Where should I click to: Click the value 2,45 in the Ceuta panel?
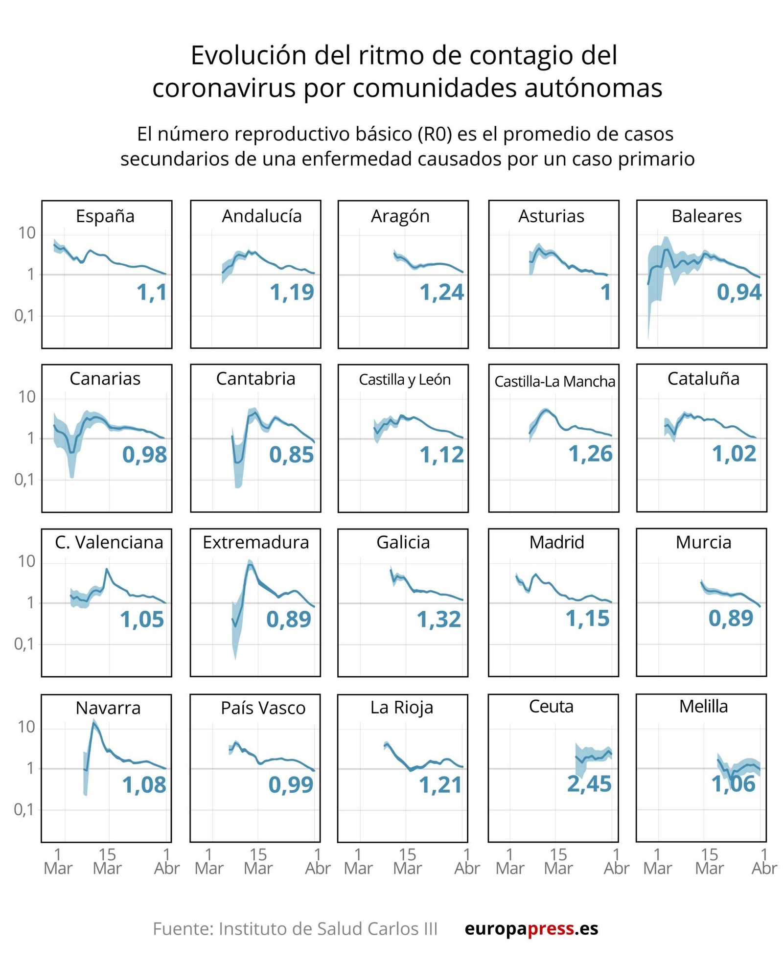589,784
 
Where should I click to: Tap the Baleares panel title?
706,216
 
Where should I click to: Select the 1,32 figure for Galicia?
438,620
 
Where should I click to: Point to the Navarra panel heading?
108,708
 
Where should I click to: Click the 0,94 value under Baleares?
739,292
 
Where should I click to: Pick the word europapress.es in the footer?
531,928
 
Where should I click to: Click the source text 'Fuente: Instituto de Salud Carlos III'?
295,928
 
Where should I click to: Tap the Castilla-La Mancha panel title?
554,381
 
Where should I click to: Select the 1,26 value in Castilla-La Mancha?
590,454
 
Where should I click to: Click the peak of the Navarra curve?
94,723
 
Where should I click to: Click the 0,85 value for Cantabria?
291,455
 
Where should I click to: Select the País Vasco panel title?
263,708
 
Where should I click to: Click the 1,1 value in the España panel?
152,292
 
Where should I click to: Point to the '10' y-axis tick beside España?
27,233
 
